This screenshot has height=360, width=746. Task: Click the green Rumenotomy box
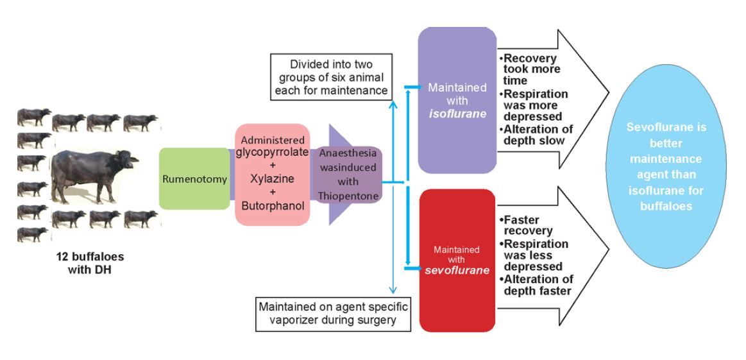(194, 178)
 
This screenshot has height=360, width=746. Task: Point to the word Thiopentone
(347, 196)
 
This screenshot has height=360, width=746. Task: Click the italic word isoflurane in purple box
(457, 114)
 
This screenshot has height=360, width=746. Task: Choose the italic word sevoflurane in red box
(457, 270)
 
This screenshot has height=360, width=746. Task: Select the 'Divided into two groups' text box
(331, 77)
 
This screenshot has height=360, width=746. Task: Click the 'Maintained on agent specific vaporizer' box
(333, 313)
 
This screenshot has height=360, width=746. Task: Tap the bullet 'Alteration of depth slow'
(537, 135)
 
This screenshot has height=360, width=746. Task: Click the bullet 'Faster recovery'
(526, 225)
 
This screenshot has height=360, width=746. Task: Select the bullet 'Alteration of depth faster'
(537, 285)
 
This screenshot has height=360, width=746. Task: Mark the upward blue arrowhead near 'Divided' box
(393, 103)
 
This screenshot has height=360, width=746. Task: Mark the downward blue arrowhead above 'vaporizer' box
(393, 290)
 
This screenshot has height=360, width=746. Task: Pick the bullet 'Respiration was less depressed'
(534, 255)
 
